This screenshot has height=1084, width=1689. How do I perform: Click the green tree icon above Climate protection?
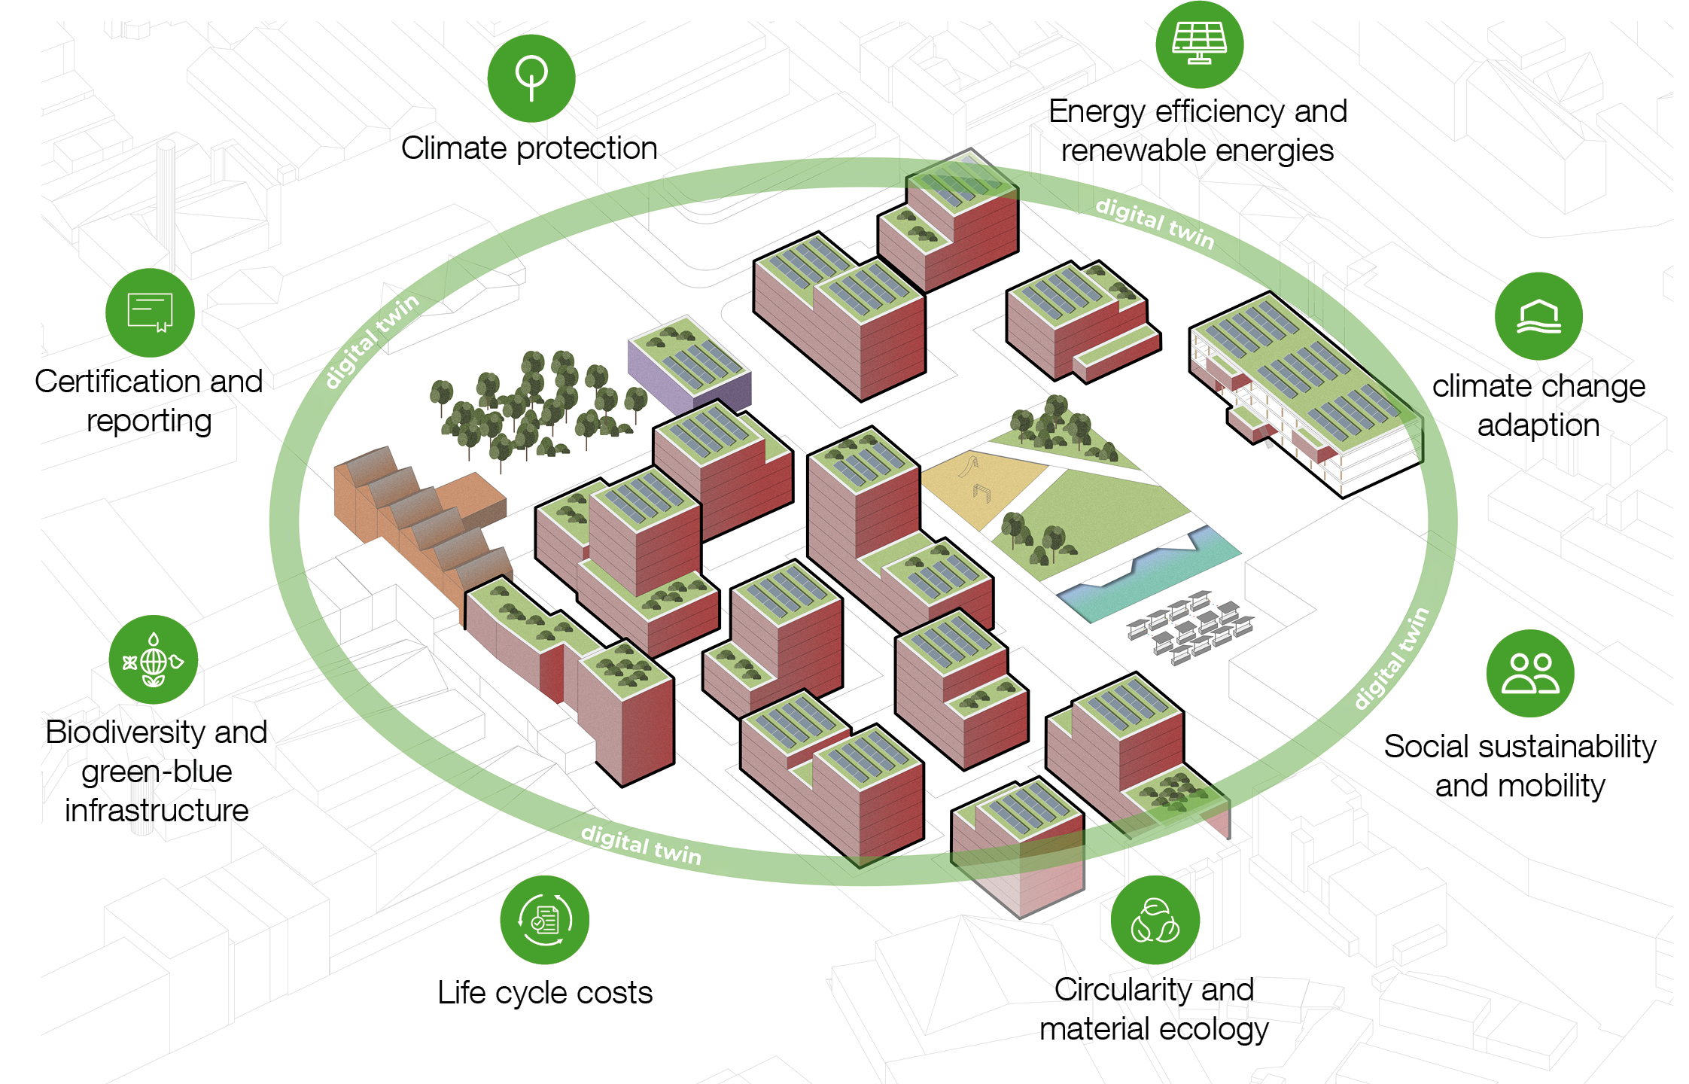point(531,78)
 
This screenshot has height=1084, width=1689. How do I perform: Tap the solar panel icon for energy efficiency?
point(1199,44)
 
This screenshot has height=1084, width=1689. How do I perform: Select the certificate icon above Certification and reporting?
point(150,312)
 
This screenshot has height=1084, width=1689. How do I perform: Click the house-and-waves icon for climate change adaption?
point(1538,316)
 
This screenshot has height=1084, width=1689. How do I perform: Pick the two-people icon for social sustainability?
point(1530,673)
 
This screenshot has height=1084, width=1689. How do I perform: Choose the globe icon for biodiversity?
point(154,660)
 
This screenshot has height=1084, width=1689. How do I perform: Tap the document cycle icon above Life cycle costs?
point(544,919)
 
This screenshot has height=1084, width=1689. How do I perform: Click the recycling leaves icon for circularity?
point(1155,920)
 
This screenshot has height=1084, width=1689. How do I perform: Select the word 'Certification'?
point(118,382)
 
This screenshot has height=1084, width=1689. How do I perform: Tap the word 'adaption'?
point(1538,425)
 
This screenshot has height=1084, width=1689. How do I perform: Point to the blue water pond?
point(1148,576)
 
